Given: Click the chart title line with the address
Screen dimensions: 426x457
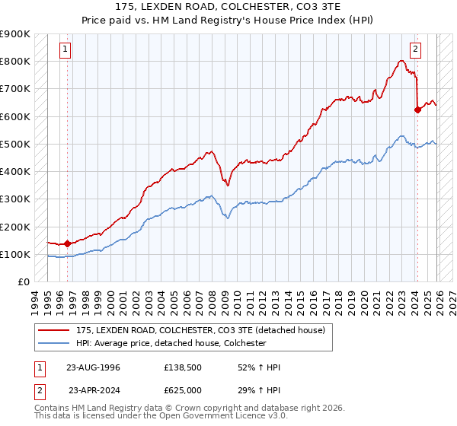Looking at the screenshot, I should [x=228, y=8].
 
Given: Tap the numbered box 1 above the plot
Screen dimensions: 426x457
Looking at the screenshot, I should [x=66, y=50].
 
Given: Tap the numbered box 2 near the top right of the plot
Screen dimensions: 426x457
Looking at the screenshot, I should [x=416, y=50].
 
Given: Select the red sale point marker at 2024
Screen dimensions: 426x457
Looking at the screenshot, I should [x=417, y=110].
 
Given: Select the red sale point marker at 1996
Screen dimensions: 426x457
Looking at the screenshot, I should [x=67, y=244].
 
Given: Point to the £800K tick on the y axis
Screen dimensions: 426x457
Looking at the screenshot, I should [x=15, y=61].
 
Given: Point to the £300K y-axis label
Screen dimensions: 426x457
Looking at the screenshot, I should [x=15, y=199].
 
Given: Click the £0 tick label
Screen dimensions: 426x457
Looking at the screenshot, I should [x=23, y=282].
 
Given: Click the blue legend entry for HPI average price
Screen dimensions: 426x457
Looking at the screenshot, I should [x=181, y=343].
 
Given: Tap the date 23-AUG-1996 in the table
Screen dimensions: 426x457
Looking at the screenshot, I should [x=94, y=367].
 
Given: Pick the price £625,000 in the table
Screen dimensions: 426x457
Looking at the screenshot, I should [x=186, y=390].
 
